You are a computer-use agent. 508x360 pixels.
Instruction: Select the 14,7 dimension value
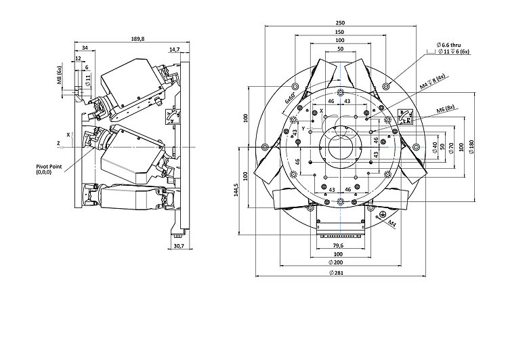(x=175, y=49)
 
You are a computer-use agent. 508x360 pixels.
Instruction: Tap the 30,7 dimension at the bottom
(x=179, y=245)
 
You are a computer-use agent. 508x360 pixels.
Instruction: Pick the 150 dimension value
(x=339, y=32)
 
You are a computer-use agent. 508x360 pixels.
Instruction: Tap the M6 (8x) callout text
(x=446, y=108)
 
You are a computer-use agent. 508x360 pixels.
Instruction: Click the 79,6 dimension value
(x=339, y=245)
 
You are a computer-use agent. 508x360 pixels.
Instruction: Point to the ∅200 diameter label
(x=339, y=262)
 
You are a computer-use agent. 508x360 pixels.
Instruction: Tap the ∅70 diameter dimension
(x=450, y=147)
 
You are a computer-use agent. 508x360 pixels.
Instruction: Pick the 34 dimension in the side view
(x=84, y=48)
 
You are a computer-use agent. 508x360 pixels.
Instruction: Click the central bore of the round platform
(x=339, y=145)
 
